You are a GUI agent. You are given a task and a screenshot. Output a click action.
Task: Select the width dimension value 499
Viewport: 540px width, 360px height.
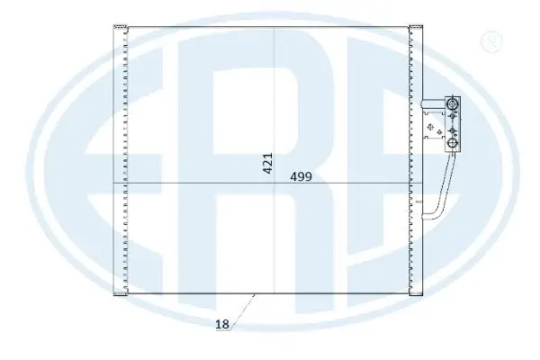(301, 176)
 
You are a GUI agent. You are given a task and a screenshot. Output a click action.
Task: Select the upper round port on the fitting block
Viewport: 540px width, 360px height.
(452, 105)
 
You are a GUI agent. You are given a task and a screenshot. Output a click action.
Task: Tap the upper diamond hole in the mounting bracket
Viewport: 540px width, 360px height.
(435, 113)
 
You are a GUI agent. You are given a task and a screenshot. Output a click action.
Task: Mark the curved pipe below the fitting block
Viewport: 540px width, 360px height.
(439, 193)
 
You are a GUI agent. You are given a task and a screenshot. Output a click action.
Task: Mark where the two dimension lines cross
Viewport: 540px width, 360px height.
(274, 184)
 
